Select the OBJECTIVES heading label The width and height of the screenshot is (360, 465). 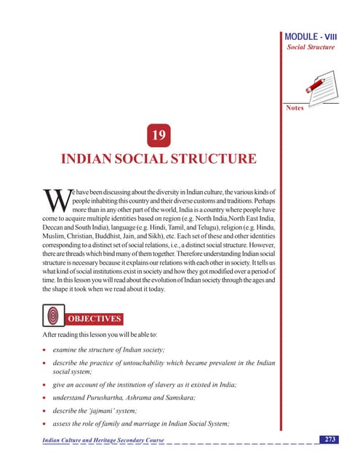coord(95,318)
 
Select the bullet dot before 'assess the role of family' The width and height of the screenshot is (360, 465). coord(45,424)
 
